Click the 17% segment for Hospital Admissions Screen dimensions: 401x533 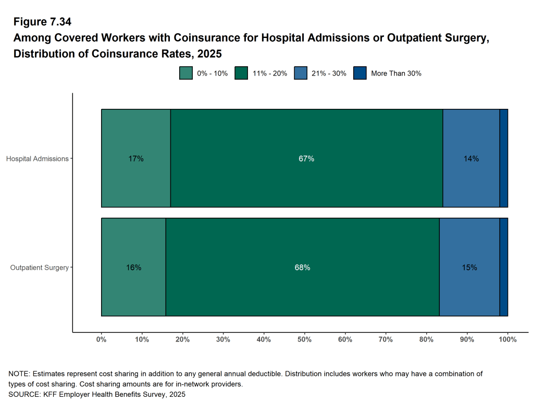(x=136, y=158)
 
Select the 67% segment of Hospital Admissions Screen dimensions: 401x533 (x=306, y=158)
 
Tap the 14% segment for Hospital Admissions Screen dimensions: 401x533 (x=471, y=158)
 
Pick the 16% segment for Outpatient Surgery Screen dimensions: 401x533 (x=133, y=267)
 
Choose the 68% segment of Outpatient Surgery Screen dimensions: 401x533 (x=302, y=267)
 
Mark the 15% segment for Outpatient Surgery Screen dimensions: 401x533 (x=469, y=267)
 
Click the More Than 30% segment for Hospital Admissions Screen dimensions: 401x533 (x=504, y=158)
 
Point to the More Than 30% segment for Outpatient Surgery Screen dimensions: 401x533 (x=504, y=267)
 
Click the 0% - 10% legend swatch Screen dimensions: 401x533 (x=186, y=73)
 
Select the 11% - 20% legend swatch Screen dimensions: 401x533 (x=242, y=73)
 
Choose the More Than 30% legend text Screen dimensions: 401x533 (x=396, y=73)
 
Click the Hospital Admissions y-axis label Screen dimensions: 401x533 (x=38, y=158)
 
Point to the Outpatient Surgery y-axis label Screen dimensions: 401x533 (x=40, y=268)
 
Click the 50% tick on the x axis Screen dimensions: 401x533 (x=304, y=340)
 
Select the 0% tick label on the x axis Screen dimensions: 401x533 (x=101, y=340)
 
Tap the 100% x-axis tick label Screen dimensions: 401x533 (x=507, y=340)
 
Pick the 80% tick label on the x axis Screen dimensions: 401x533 (x=426, y=340)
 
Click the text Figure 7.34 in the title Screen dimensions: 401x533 (x=42, y=22)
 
